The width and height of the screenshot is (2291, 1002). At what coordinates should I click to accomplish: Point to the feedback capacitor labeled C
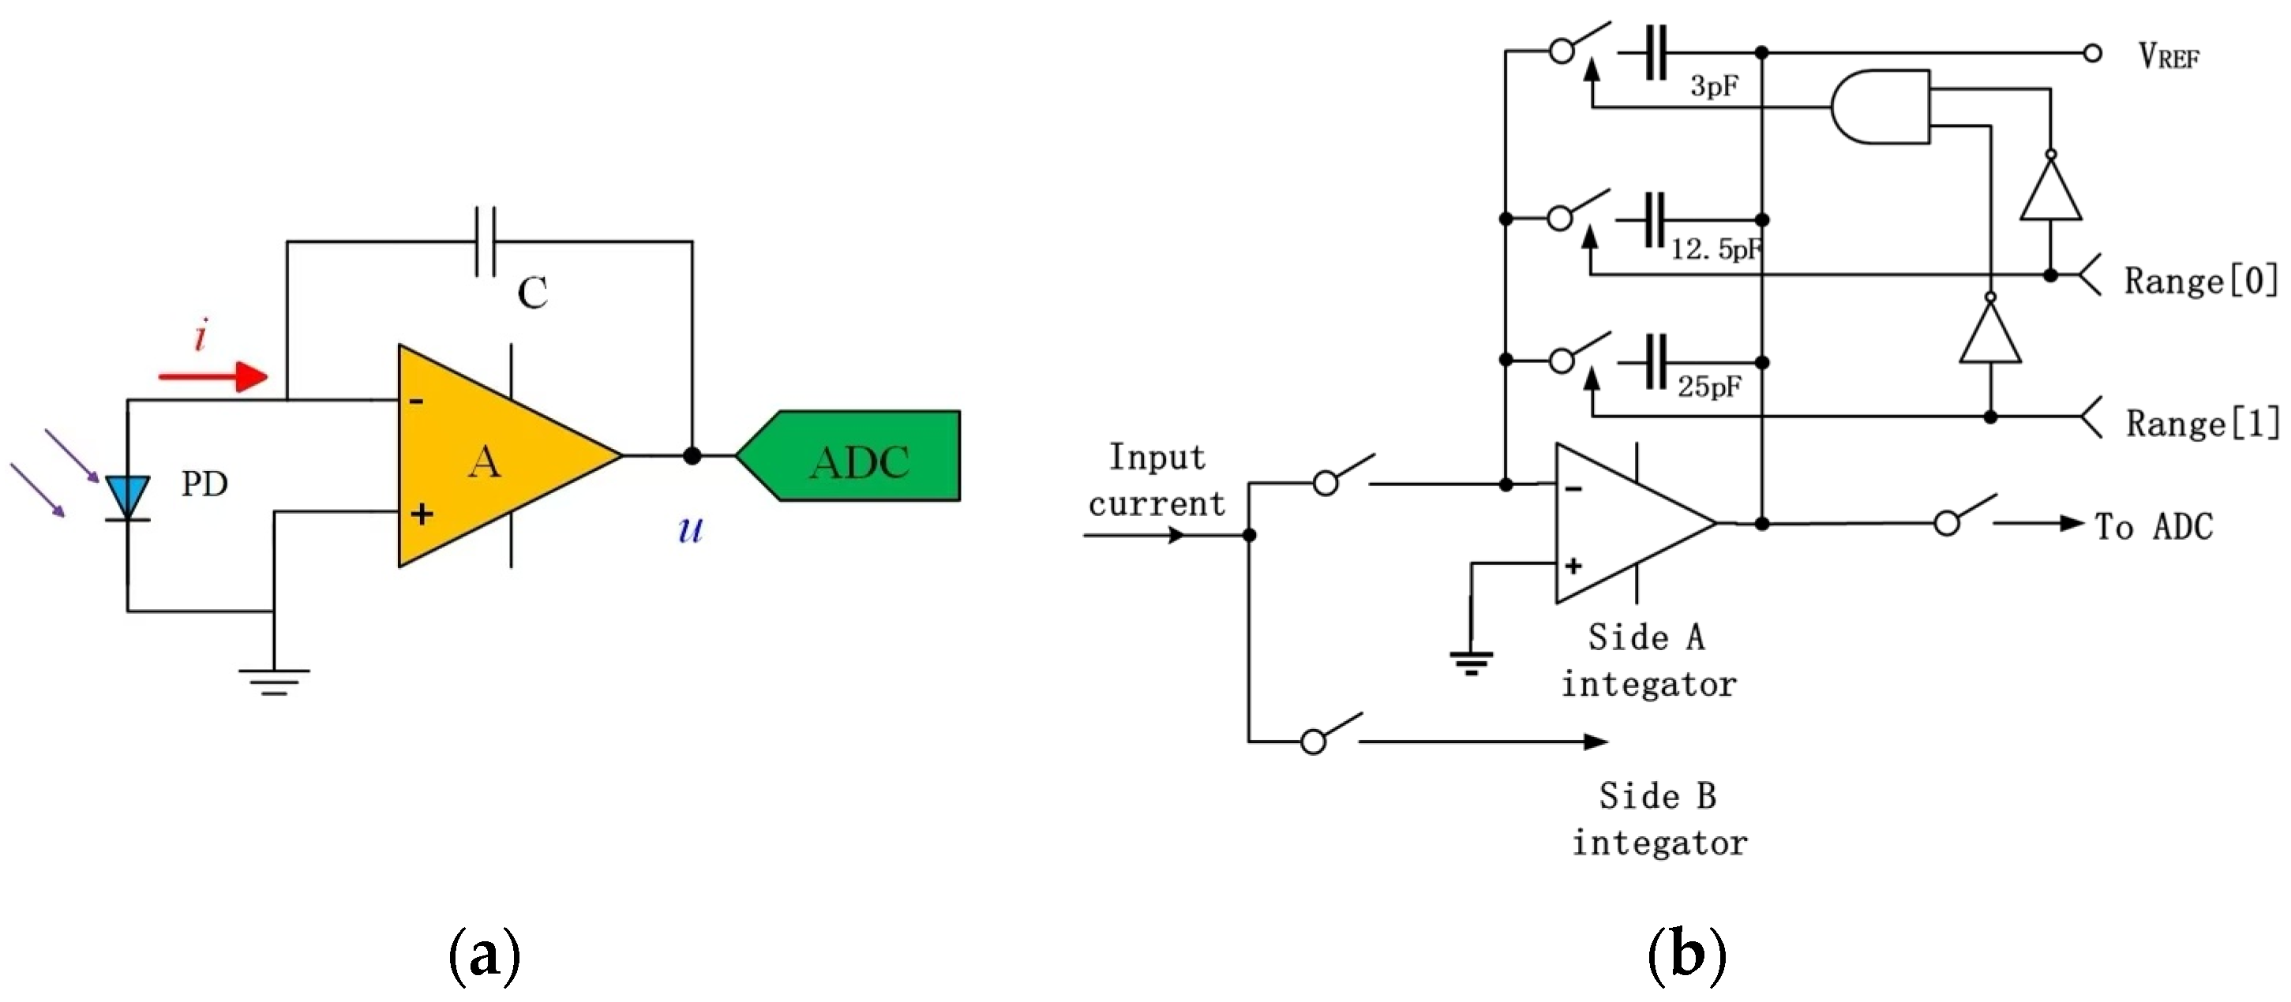486,242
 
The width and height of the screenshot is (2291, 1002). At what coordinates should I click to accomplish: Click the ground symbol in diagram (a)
274,680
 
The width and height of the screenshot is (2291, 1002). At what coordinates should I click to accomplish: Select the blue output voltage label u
690,530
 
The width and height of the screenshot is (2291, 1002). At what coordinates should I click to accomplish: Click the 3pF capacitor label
1714,86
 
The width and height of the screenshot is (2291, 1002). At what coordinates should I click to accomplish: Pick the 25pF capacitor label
1709,387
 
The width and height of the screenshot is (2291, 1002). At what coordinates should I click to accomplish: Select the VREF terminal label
2169,57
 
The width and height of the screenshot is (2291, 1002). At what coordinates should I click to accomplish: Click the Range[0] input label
2200,281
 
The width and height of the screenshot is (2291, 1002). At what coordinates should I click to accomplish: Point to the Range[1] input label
2202,423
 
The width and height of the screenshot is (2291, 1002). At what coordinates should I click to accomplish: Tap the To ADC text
2153,526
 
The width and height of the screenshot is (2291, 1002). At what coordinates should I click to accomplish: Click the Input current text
1157,480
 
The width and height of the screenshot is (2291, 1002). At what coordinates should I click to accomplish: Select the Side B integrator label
1659,819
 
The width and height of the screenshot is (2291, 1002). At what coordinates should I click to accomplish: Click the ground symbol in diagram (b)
1472,663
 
